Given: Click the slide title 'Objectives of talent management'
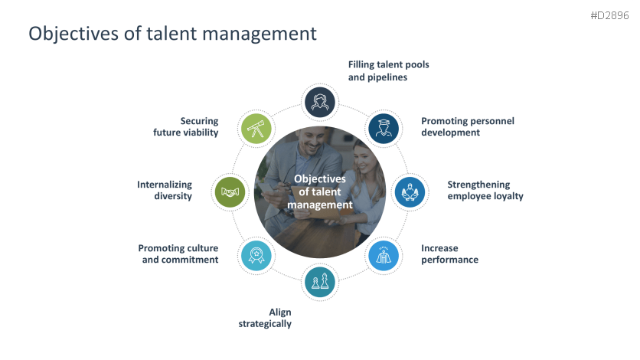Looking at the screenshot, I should (x=172, y=34).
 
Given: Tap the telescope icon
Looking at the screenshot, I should (x=256, y=129).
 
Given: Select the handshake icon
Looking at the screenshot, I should (x=231, y=192).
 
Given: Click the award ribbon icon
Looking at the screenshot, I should (x=256, y=255).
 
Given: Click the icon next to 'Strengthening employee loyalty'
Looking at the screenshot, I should (x=410, y=192).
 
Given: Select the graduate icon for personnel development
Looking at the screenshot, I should (x=383, y=129).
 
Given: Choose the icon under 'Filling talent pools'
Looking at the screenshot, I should (x=320, y=102).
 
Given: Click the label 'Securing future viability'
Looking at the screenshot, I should (x=185, y=126).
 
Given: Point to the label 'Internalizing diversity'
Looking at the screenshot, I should (x=165, y=190).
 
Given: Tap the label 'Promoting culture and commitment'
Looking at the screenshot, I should (x=178, y=254).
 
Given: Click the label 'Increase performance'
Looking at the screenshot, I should (x=449, y=254).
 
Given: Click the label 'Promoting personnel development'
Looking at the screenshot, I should (x=467, y=126).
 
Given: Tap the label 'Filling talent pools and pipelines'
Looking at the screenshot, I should (x=388, y=70).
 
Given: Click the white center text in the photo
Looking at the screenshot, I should (x=320, y=191).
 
